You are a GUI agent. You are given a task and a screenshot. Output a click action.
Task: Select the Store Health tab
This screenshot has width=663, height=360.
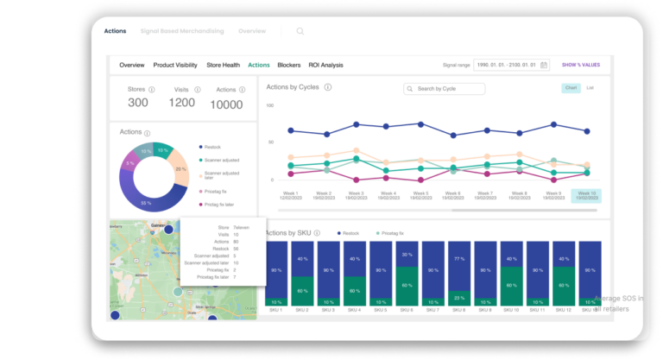pos(224,65)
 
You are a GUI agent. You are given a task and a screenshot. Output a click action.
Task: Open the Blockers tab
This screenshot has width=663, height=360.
pos(289,65)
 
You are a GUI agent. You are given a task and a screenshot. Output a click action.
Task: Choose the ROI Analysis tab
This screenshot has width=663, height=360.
pos(326,65)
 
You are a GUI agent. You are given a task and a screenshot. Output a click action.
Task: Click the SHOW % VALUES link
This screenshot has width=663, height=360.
pos(581,65)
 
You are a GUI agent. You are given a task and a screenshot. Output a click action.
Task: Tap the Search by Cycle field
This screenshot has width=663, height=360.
pos(444,89)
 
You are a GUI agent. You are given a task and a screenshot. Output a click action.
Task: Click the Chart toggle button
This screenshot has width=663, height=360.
pos(571,88)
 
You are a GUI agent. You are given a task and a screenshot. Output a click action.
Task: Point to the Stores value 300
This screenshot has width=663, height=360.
pos(138,103)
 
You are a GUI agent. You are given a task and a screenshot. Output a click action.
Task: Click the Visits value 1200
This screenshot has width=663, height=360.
pos(181,103)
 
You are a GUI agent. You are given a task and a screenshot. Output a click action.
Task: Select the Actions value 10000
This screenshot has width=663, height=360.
pos(227,104)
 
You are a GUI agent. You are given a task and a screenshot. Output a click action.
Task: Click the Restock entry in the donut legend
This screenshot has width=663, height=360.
pos(213,147)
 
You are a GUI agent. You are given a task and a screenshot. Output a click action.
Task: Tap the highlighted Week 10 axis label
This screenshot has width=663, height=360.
pos(587,196)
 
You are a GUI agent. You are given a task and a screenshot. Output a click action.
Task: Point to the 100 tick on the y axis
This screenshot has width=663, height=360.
pos(270,105)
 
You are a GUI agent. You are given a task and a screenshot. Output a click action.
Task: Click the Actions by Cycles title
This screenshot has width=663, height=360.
pos(294,87)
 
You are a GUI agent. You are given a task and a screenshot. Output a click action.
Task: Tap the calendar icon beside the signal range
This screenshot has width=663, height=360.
pos(544,65)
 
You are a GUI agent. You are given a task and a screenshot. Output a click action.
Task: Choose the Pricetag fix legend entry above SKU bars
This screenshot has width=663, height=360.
pos(392,233)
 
